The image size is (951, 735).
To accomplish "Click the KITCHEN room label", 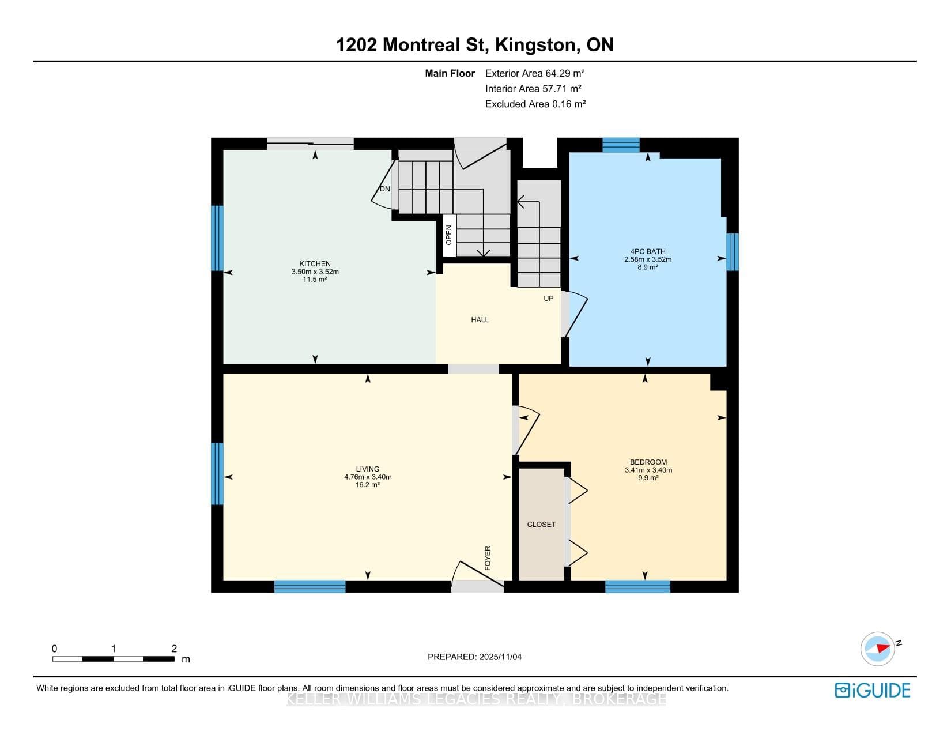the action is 315,263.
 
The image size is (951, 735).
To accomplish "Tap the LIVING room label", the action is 368,469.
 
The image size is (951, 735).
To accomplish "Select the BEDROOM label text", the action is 648,462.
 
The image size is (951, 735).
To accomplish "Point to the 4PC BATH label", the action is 648,251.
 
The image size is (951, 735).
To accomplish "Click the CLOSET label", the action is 541,525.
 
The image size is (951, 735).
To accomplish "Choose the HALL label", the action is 480,320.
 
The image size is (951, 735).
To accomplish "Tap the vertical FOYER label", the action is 488,558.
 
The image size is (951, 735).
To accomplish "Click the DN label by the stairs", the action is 384,189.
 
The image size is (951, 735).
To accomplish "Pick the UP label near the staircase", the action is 548,299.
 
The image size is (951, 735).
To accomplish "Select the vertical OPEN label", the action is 448,235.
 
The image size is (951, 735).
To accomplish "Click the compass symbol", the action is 878,649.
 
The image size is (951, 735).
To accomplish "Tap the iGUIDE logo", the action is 873,690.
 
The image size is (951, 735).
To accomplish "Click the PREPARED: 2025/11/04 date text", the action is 474,657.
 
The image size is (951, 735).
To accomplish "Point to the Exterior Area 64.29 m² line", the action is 535,73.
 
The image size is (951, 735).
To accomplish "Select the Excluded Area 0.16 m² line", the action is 535,104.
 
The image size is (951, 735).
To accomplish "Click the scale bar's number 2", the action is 174,649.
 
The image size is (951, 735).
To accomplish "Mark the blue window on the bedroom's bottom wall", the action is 637,587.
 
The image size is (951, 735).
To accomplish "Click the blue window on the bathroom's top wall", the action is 621,145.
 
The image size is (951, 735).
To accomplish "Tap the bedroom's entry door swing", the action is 527,430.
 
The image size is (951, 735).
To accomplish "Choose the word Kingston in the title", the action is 535,45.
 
